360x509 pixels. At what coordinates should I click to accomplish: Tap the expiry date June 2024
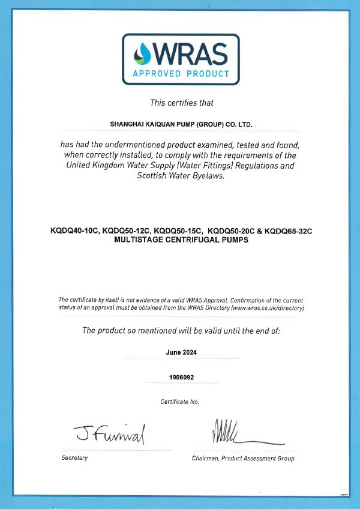(x=181, y=353)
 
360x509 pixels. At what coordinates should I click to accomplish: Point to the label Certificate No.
(x=180, y=401)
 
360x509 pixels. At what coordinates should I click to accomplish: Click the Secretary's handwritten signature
(x=110, y=432)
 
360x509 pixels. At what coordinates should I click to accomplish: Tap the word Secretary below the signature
(x=74, y=458)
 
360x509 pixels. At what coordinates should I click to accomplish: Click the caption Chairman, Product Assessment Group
(x=243, y=458)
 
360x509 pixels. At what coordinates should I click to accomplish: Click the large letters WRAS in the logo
(x=189, y=55)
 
